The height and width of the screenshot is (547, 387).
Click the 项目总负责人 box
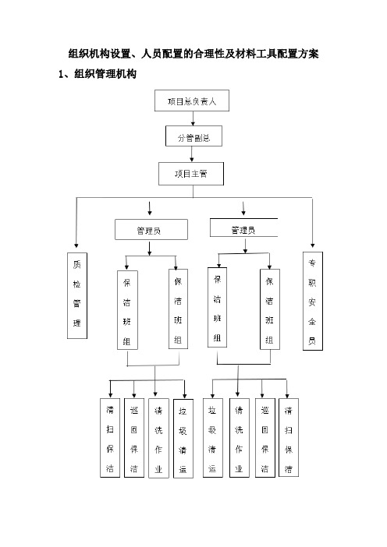pyautogui.click(x=192, y=101)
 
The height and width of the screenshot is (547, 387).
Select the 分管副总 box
pyautogui.click(x=193, y=136)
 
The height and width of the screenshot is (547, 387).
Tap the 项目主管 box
pyautogui.click(x=191, y=174)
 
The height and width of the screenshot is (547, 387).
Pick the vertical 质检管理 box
pyautogui.click(x=77, y=295)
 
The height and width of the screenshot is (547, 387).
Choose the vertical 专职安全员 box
pyautogui.click(x=313, y=301)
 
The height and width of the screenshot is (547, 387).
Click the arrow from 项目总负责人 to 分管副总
pyautogui.click(x=193, y=118)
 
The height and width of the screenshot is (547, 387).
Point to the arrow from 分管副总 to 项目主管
pyautogui.click(x=191, y=154)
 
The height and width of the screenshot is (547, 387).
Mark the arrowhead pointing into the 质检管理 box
pyautogui.click(x=76, y=246)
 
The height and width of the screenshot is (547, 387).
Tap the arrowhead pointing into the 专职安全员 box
pyautogui.click(x=312, y=245)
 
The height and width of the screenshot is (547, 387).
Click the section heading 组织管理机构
pyautogui.click(x=105, y=74)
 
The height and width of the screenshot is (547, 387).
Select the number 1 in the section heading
pyautogui.click(x=61, y=74)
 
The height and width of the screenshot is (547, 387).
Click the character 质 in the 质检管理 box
pyautogui.click(x=76, y=264)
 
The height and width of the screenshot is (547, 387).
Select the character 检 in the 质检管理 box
pyautogui.click(x=76, y=284)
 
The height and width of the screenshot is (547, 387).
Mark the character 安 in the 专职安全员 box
pyautogui.click(x=312, y=302)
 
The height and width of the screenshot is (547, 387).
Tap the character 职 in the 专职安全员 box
pyautogui.click(x=312, y=282)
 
